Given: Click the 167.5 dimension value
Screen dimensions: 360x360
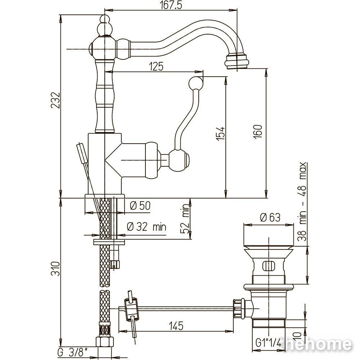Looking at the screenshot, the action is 171,5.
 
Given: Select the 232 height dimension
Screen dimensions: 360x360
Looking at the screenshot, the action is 55,100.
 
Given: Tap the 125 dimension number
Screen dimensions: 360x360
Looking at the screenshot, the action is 156,66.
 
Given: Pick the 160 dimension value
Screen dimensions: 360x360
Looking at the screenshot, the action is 258,131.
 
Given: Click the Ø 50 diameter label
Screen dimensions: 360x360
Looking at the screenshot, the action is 140,206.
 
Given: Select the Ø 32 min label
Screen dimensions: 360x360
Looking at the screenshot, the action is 147,227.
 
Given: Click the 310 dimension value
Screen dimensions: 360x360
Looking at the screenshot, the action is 55,269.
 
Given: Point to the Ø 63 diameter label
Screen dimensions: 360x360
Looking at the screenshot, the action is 270,217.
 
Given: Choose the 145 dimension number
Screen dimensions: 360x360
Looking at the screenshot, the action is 176,325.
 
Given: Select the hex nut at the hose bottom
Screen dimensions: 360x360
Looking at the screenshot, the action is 104,342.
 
